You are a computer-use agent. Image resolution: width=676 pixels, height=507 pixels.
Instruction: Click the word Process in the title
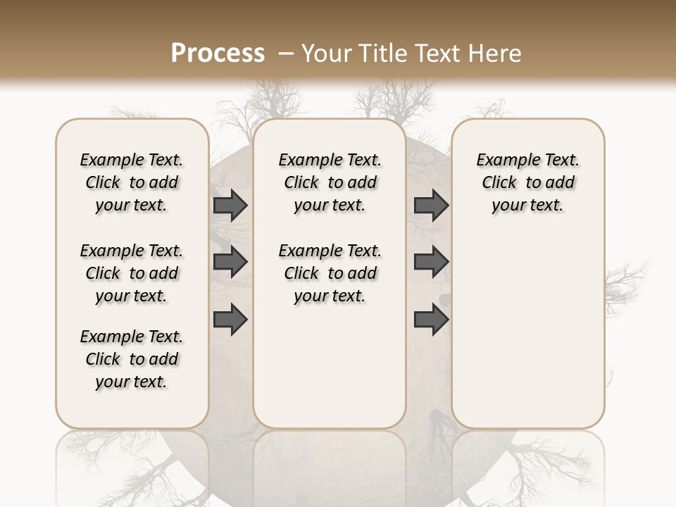[x=218, y=53]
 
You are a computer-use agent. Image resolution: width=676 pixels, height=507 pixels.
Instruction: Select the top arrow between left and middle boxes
[x=230, y=205]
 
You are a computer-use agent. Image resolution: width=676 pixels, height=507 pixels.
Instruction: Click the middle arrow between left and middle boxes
[x=230, y=262]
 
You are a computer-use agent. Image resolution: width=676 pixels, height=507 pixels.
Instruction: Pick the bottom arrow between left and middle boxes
[x=230, y=320]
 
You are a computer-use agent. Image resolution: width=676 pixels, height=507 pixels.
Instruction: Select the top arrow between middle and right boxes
[x=432, y=205]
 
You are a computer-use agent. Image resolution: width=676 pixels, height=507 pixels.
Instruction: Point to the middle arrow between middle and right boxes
[x=432, y=262]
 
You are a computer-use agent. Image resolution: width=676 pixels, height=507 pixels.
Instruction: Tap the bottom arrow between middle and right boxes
[x=432, y=320]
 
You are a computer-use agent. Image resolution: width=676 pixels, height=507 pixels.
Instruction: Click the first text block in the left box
[x=132, y=182]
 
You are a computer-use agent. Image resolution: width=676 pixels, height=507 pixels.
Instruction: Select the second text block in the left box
[x=132, y=273]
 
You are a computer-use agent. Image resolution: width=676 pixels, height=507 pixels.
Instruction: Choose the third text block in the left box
[x=132, y=359]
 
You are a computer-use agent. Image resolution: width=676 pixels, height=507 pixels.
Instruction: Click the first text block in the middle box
[x=330, y=182]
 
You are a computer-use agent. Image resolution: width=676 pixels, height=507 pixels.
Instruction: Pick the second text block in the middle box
[x=330, y=273]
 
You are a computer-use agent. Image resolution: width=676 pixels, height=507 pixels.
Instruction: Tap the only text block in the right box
[x=527, y=182]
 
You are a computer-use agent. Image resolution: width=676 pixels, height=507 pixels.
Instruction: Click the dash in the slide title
[x=286, y=53]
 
